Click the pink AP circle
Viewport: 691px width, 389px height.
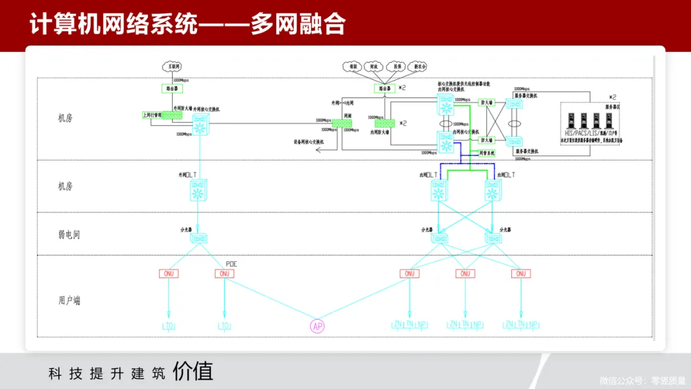click(317, 326)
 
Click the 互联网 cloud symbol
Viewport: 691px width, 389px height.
click(171, 66)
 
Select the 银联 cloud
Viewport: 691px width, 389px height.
click(351, 66)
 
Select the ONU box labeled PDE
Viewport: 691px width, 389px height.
click(224, 274)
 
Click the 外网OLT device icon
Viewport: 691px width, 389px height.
click(198, 191)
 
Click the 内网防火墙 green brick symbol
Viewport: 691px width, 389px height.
click(385, 123)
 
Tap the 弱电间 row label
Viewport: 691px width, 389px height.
click(69, 235)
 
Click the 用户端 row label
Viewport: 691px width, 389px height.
click(69, 300)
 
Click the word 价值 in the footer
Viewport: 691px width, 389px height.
click(193, 372)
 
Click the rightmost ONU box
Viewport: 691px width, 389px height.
click(521, 274)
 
